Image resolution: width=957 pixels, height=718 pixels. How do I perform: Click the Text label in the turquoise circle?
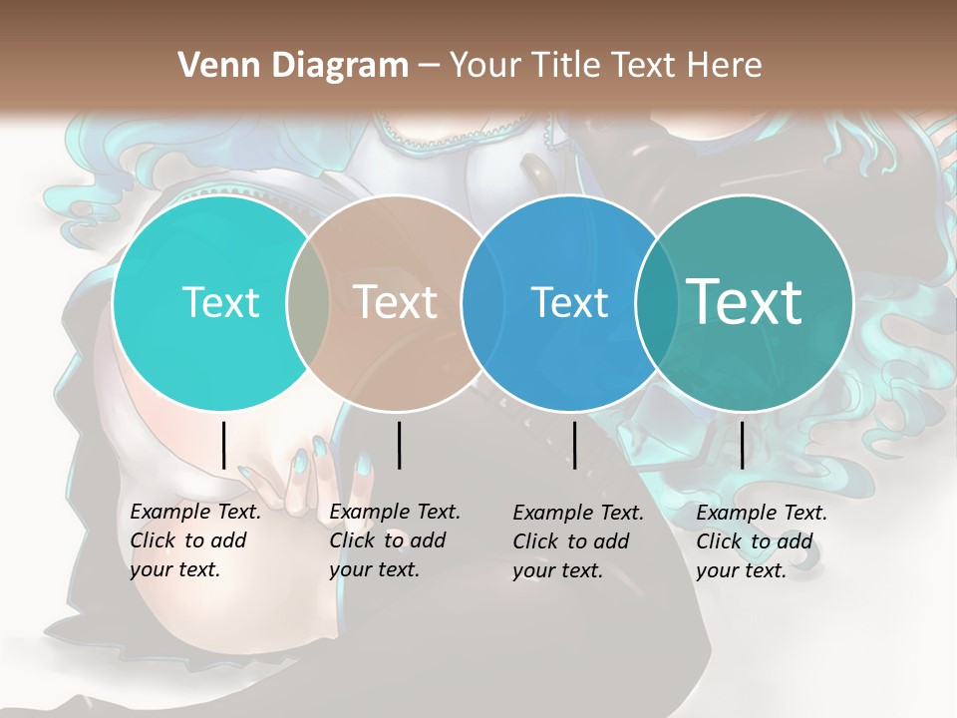tap(220, 302)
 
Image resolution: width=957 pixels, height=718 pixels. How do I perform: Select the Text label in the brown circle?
tap(395, 302)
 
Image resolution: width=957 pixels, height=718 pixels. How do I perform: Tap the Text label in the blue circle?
tap(569, 302)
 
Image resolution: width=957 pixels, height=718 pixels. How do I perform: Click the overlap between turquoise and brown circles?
tap(308, 303)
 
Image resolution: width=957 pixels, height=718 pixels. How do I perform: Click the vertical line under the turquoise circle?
tap(223, 445)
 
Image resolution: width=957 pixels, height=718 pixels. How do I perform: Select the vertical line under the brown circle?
tap(399, 445)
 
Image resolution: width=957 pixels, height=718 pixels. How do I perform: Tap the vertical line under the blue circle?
tap(574, 445)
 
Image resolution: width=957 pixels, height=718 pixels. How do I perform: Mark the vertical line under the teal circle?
tap(742, 445)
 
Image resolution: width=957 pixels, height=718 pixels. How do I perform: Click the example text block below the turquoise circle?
tap(194, 540)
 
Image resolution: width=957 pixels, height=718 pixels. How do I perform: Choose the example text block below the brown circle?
tap(394, 540)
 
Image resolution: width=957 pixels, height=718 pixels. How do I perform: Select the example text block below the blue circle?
tap(577, 541)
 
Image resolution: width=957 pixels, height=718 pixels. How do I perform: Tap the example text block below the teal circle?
tap(761, 541)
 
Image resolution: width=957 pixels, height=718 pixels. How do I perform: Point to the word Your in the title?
tap(484, 66)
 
